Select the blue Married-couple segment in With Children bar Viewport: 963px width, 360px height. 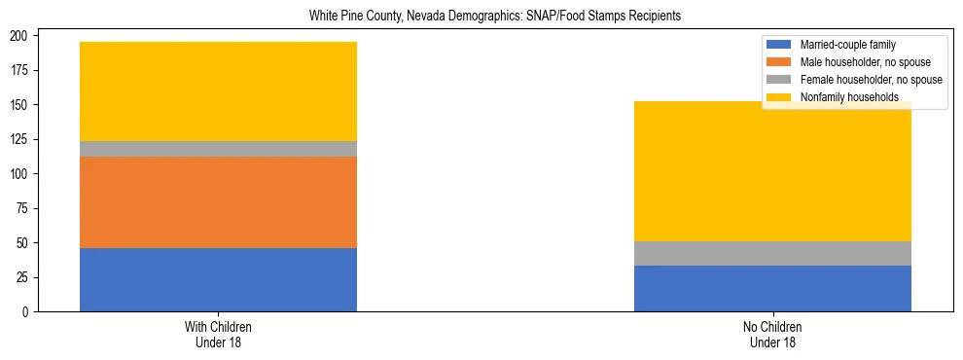[x=218, y=279]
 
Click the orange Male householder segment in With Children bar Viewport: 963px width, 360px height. [x=218, y=202]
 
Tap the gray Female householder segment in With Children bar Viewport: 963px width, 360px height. [x=218, y=149]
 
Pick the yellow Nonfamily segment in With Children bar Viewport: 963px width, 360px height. [x=218, y=91]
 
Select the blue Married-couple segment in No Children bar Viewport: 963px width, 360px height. [x=772, y=288]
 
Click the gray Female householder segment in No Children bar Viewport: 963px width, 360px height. [x=772, y=253]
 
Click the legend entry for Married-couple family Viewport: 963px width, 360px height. [x=846, y=45]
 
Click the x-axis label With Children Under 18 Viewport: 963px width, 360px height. [x=218, y=334]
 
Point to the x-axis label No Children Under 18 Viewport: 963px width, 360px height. [x=772, y=334]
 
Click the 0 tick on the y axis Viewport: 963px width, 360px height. [x=26, y=312]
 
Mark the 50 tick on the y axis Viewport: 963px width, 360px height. [x=23, y=243]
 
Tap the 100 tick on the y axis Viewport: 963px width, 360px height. [x=20, y=174]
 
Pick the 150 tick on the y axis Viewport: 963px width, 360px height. [x=20, y=105]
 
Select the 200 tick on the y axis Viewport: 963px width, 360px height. [x=20, y=36]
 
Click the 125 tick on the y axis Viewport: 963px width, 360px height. [x=20, y=139]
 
